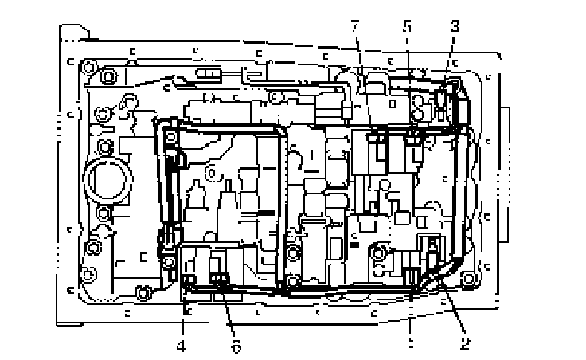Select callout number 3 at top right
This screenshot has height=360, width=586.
click(454, 26)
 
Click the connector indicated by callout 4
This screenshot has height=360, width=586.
click(189, 280)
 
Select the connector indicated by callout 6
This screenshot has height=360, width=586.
click(221, 279)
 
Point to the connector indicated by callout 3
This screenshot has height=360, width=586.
click(443, 99)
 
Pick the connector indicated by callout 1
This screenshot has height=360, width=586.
click(412, 276)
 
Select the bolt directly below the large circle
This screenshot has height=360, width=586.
click(103, 213)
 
